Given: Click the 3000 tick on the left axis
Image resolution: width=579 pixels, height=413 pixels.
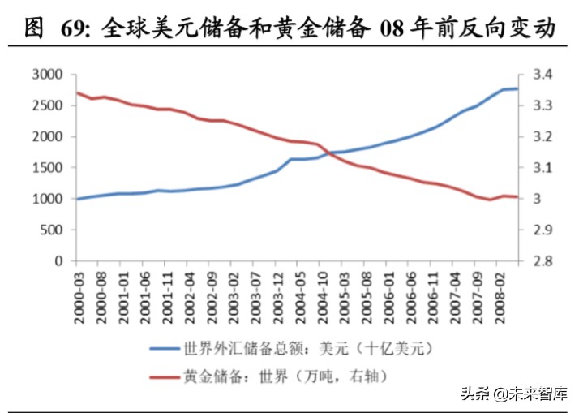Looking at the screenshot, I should point(47,75).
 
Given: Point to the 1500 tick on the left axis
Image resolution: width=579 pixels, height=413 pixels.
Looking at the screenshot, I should point(47,168).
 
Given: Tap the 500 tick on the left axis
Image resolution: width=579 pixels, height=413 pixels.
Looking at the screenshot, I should point(51,230).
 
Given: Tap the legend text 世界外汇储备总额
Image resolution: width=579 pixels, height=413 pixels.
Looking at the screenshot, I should point(243,349).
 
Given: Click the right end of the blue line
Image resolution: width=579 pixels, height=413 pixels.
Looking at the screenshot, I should point(517,88).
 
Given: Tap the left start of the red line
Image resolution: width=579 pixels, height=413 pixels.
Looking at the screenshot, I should point(77,92).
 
